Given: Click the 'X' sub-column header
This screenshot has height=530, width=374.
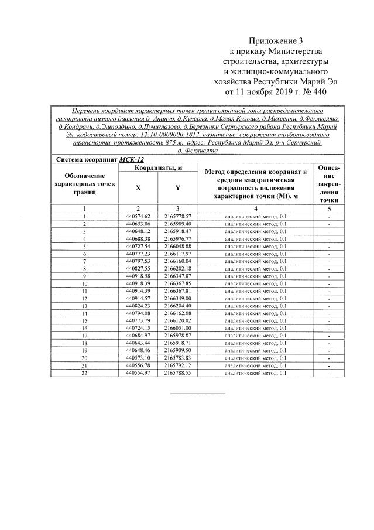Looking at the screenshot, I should point(138,188).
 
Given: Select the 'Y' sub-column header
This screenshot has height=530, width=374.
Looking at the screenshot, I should point(178,188).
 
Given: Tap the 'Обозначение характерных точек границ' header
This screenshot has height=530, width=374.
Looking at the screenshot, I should point(84,184).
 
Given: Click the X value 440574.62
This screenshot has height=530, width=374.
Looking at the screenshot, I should point(138,216).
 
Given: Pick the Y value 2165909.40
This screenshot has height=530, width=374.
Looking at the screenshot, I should point(178,224).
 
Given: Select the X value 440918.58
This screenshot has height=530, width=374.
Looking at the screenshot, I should point(138,276).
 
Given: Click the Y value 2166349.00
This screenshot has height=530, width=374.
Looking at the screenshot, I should point(178,298).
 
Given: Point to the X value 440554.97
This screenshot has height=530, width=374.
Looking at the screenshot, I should point(138,372).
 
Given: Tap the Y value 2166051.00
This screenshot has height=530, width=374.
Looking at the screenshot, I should point(178,328).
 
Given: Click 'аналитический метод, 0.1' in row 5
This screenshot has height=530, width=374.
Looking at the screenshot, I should point(256,246).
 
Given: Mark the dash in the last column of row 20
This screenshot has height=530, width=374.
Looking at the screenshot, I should point(330,358).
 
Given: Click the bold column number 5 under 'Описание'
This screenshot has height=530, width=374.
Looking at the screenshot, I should point(330,208).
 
